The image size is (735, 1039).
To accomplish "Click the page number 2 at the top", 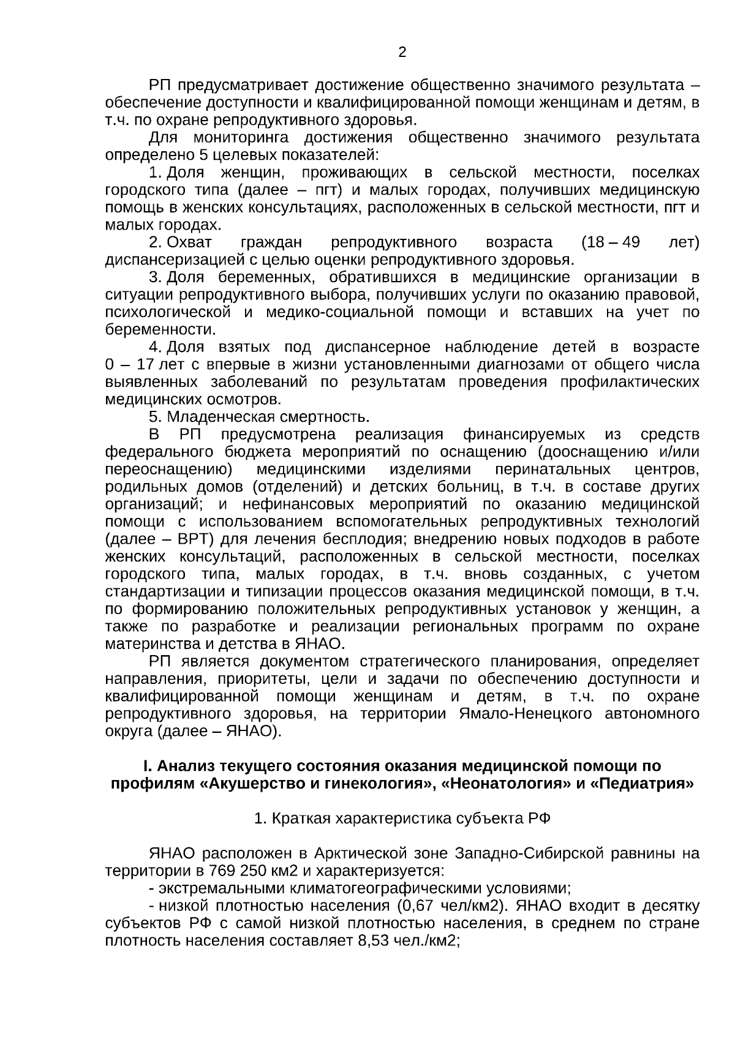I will pyautogui.click(x=402, y=53).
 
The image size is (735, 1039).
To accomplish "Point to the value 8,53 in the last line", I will pyautogui.click(x=371, y=940).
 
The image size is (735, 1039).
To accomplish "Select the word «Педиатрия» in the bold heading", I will pyautogui.click(x=644, y=784).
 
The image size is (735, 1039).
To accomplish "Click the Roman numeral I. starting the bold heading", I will pyautogui.click(x=146, y=767).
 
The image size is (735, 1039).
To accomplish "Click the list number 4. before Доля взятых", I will pyautogui.click(x=154, y=347).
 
